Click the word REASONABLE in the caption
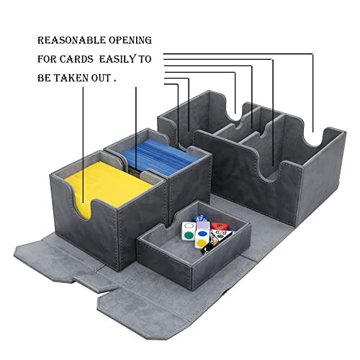pyautogui.click(x=71, y=40)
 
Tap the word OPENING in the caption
pyautogui.click(x=130, y=40)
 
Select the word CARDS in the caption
pyautogui.click(x=76, y=59)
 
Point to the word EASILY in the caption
pyautogui.click(x=117, y=59)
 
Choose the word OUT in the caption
pyautogui.click(x=101, y=78)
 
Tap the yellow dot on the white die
pyautogui.click(x=201, y=243)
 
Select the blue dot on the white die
pyautogui.click(x=202, y=233)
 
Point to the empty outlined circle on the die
pyautogui.click(x=189, y=225)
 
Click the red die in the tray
pyautogui.click(x=220, y=226)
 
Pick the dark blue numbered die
pyautogui.click(x=200, y=219)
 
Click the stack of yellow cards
pyautogui.click(x=109, y=185)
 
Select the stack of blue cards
pyautogui.click(x=160, y=157)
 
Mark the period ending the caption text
pyautogui.click(x=115, y=81)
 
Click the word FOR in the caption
pyautogui.click(x=47, y=59)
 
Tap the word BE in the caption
pyautogui.click(x=44, y=78)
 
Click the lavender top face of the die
pyautogui.click(x=203, y=226)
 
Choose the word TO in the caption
pyautogui.click(x=145, y=59)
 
